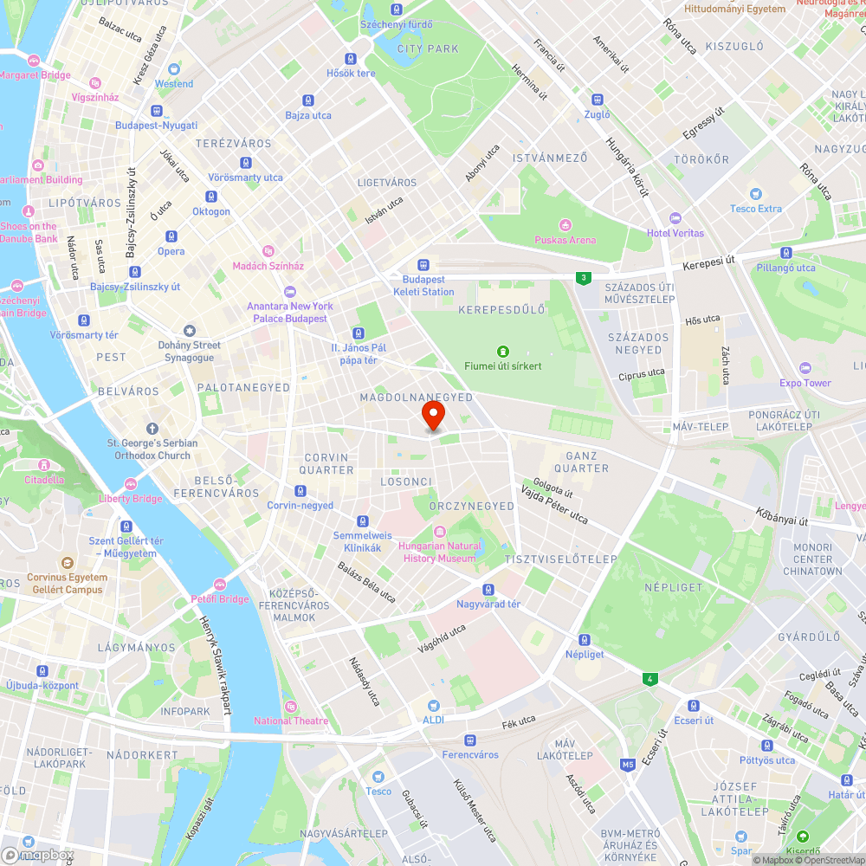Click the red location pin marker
pos(432,415)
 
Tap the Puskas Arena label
pos(565,240)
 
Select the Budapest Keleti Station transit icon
pos(423,265)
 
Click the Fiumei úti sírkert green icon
pos(502,351)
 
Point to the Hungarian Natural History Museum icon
pos(439,531)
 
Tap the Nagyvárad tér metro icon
pos(488,589)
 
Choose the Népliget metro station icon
pos(585,639)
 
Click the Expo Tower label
pos(805,383)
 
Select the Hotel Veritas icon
pos(675,218)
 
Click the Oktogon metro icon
pos(211,197)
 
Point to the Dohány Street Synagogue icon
pos(190,331)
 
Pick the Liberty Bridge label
pos(131,498)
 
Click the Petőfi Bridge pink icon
pos(220,585)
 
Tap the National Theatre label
pos(291,721)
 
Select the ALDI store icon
pos(433,705)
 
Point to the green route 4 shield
pos(649,678)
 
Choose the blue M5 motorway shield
pos(628,764)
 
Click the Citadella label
pos(44,479)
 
